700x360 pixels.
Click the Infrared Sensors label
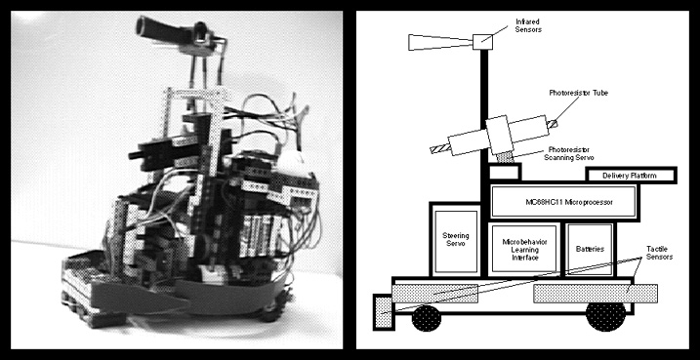(527, 25)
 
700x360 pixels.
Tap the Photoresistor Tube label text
(578, 93)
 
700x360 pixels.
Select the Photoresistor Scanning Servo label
(571, 153)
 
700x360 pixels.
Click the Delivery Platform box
(631, 176)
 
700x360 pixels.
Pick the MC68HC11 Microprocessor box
(563, 202)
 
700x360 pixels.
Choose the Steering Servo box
(456, 241)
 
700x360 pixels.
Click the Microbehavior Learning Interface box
(524, 249)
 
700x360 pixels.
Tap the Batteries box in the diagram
(590, 249)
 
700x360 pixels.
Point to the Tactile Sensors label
(659, 252)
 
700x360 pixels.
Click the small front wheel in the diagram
(427, 318)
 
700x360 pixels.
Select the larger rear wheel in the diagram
(606, 316)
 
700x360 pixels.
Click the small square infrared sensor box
(482, 42)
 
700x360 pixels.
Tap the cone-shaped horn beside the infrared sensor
(440, 42)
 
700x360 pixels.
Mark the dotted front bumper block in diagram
(384, 312)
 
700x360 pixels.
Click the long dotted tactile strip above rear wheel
(596, 293)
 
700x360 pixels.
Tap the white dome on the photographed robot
(293, 164)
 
